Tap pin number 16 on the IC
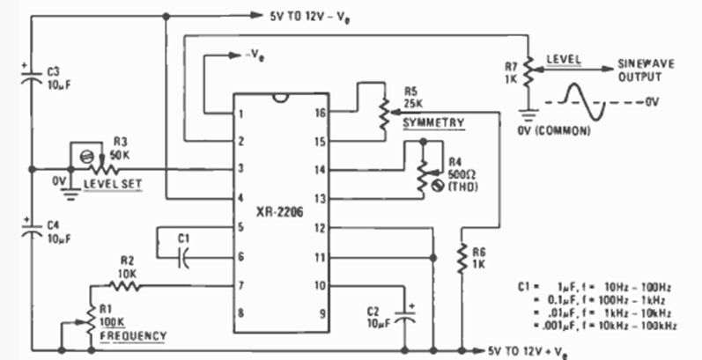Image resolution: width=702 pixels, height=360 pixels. [x=321, y=113]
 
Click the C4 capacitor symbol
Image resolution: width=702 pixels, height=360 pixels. [x=32, y=232]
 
